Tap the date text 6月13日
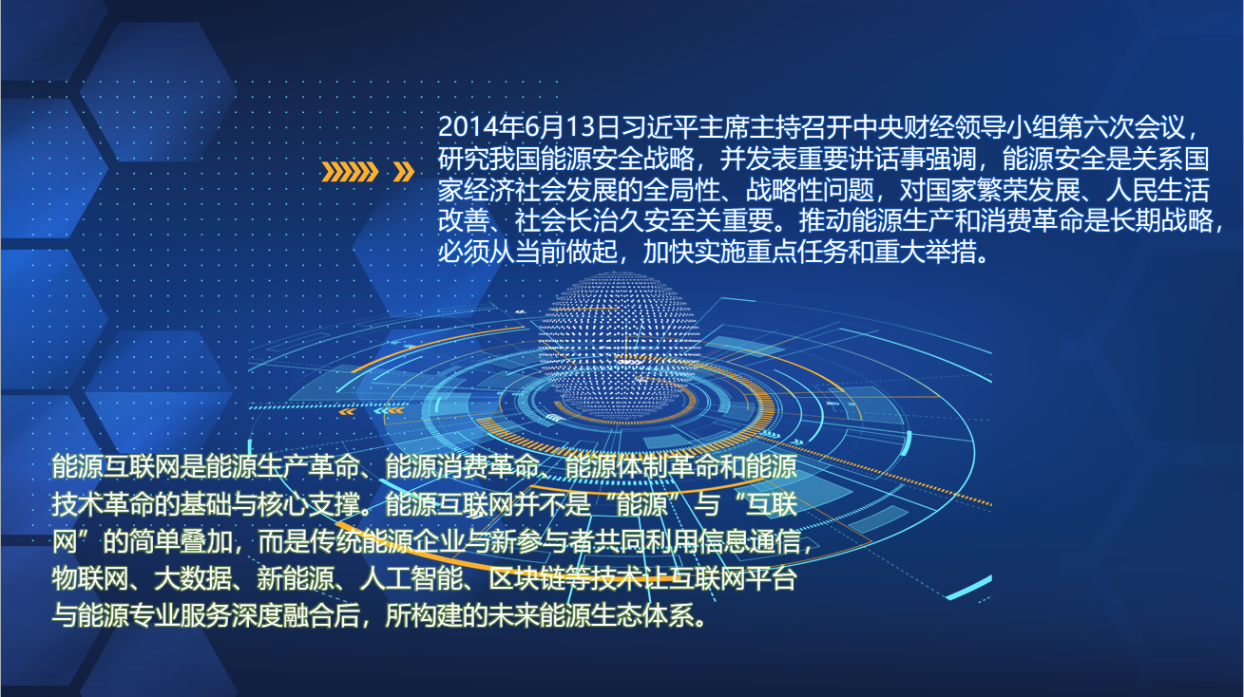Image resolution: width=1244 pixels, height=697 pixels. [559, 127]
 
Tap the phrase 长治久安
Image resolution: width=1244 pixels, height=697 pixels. [617, 221]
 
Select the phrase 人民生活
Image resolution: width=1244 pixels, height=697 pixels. [1158, 190]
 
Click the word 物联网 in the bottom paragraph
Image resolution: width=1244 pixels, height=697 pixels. [90, 579]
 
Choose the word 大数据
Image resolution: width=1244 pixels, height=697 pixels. [193, 579]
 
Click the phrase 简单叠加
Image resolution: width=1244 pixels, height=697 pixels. [181, 541]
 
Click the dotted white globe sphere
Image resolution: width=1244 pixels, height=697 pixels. [620, 344]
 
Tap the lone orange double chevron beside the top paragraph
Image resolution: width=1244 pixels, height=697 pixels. [404, 172]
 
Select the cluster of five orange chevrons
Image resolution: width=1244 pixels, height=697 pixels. [350, 172]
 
